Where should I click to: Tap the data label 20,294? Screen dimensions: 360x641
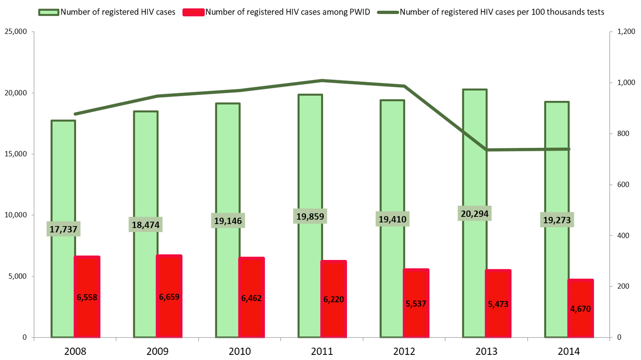pyautogui.click(x=474, y=213)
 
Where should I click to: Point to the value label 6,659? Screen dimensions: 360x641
pyautogui.click(x=169, y=297)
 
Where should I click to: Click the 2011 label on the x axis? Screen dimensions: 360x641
pyautogui.click(x=322, y=351)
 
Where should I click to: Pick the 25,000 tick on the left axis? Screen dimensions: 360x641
pyautogui.click(x=16, y=32)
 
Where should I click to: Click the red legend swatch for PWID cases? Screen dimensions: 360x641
pyautogui.click(x=193, y=12)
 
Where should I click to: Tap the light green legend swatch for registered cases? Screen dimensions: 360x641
pyautogui.click(x=49, y=12)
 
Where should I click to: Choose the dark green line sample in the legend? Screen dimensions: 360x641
pyautogui.click(x=388, y=12)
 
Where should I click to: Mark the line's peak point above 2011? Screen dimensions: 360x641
pyautogui.click(x=322, y=80)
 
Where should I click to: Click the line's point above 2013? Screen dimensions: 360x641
pyautogui.click(x=487, y=150)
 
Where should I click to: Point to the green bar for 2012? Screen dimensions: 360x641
pyautogui.click(x=392, y=171)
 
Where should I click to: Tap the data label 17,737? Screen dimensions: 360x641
pyautogui.click(x=63, y=229)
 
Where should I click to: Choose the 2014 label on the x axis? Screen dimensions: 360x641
pyautogui.click(x=569, y=351)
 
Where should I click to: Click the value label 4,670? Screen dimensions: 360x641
pyautogui.click(x=580, y=309)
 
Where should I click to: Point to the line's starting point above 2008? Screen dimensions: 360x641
pyautogui.click(x=75, y=114)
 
